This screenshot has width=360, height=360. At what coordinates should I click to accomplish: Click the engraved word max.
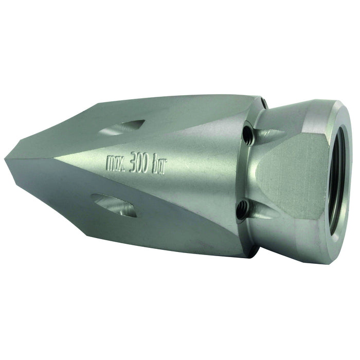116,163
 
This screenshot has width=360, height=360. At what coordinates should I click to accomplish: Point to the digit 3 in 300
132,163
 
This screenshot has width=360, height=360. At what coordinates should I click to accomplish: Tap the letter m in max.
111,163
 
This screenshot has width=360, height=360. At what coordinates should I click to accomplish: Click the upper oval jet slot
122,127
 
